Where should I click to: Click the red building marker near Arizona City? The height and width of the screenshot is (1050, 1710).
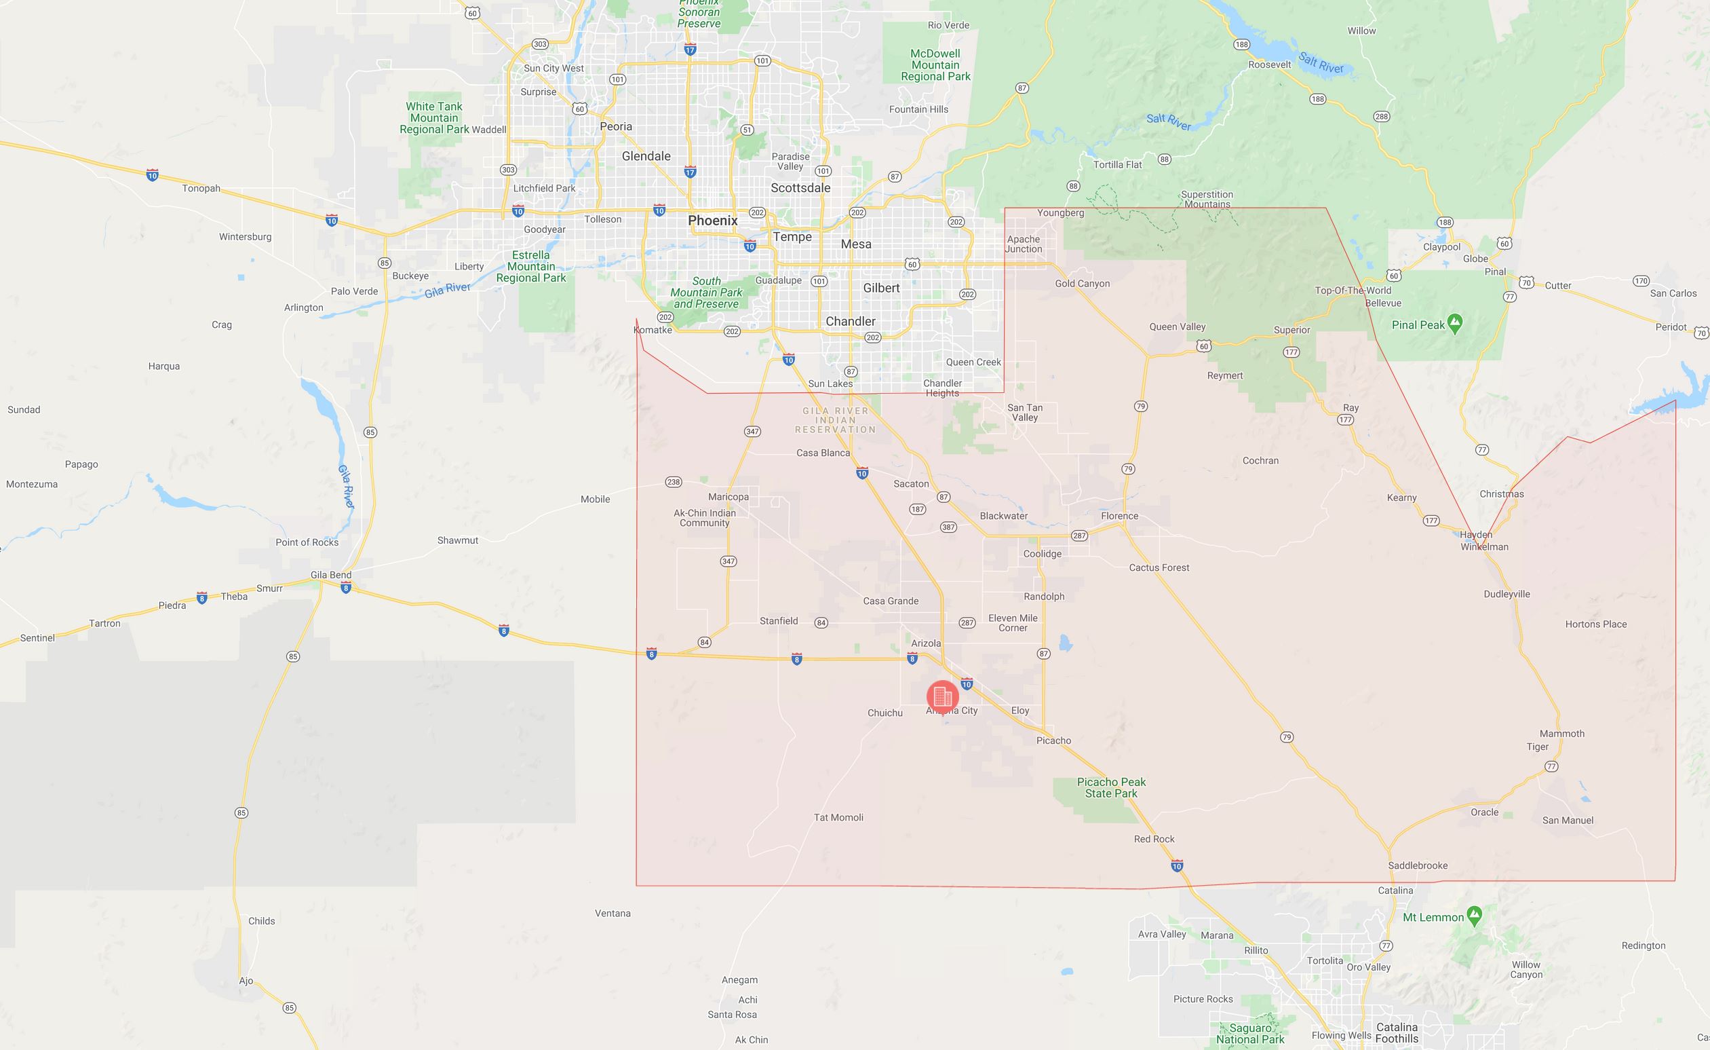942,695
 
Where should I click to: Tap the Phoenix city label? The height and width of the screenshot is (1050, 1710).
713,220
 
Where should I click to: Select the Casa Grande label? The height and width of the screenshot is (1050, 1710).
891,601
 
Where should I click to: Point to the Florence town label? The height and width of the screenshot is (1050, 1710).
1119,516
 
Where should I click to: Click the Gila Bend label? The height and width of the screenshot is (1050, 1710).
330,575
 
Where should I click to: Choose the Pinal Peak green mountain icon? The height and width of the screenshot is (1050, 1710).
1456,324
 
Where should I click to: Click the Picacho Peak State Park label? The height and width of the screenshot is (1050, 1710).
1111,787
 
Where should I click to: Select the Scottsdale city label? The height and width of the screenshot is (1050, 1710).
800,187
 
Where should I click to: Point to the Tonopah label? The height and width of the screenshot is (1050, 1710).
201,188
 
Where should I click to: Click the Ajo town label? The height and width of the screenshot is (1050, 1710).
246,981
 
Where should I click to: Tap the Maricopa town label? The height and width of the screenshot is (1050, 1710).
728,497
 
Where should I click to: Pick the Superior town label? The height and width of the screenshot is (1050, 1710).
1291,330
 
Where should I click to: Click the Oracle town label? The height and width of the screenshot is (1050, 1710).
1484,812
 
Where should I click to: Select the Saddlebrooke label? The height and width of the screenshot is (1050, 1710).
1417,865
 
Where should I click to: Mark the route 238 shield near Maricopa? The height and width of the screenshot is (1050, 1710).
673,482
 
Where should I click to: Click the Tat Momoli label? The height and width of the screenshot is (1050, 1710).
838,817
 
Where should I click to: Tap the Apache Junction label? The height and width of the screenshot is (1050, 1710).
1024,244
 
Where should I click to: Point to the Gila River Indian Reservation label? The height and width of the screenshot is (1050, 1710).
836,420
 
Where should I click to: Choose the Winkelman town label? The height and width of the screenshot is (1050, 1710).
1484,546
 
